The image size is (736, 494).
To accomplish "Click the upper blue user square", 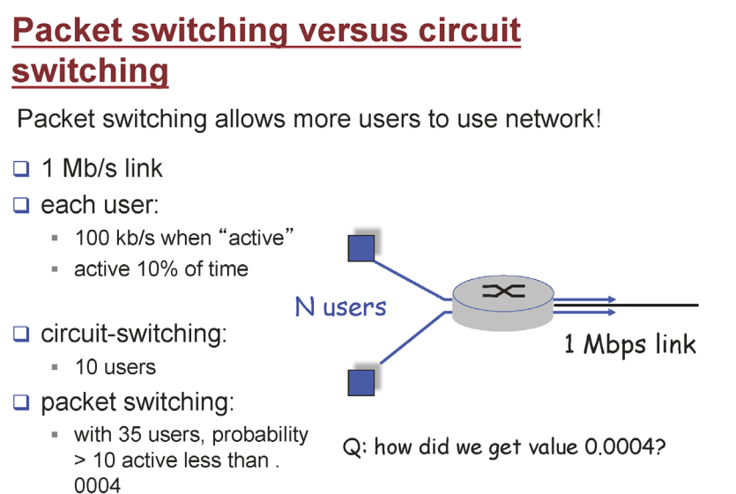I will [x=361, y=247].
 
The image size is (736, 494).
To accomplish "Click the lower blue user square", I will [x=361, y=382].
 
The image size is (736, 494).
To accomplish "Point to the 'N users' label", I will [x=340, y=307].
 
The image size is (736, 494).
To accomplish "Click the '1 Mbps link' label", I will [x=629, y=343].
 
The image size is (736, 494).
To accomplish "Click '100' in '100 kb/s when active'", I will [x=93, y=238].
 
